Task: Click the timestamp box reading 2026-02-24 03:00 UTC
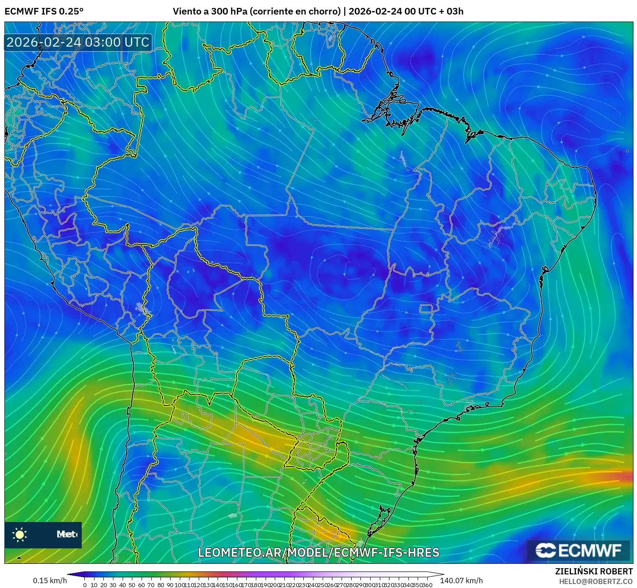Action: [x=78, y=42]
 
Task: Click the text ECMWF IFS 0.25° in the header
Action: [x=44, y=11]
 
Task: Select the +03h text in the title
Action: [x=451, y=11]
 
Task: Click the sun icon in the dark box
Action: [x=20, y=534]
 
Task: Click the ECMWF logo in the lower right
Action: [x=578, y=550]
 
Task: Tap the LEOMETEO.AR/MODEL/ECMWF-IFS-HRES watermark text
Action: [x=318, y=552]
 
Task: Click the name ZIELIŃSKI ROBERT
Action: [x=593, y=571]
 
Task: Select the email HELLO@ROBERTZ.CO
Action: [x=596, y=581]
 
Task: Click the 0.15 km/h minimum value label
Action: [x=50, y=581]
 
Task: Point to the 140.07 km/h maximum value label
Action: [x=461, y=581]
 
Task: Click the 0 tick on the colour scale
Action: [x=85, y=585]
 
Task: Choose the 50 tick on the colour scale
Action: [x=132, y=585]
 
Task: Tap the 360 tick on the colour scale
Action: [x=426, y=585]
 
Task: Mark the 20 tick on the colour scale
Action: [x=104, y=585]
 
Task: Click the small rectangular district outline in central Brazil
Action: [x=426, y=309]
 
